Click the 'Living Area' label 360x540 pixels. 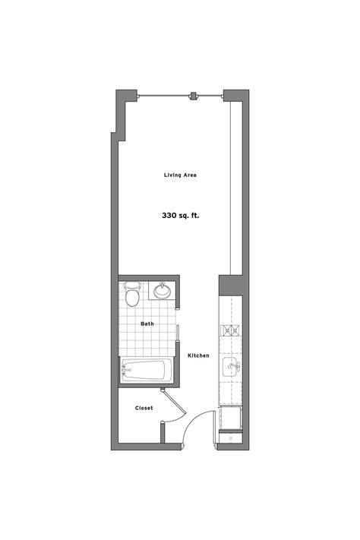[181, 175]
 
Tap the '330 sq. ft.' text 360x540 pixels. [181, 216]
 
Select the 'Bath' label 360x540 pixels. [147, 324]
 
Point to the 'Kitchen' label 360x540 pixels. [198, 355]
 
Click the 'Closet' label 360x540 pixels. [144, 408]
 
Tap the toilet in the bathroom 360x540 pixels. [132, 295]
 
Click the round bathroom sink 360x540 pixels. [162, 290]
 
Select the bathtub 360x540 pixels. [144, 371]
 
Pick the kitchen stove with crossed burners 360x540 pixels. [229, 330]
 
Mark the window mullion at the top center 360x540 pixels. [194, 95]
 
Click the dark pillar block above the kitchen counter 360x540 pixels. [229, 286]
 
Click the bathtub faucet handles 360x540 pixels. [127, 371]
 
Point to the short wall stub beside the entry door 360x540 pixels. [163, 434]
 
